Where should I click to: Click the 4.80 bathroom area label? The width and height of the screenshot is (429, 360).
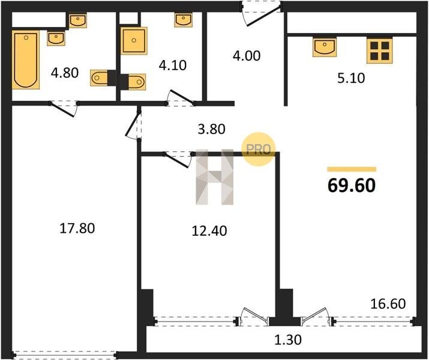click(x=65, y=73)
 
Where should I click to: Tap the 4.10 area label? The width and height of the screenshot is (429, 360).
click(x=173, y=65)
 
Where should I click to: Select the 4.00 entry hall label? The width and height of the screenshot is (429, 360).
click(x=247, y=56)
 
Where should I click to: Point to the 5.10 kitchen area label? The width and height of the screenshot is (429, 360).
click(x=351, y=78)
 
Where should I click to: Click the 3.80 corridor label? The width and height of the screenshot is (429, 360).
click(x=211, y=129)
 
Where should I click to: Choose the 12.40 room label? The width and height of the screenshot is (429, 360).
click(x=209, y=231)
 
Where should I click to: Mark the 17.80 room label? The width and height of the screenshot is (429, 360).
click(x=77, y=228)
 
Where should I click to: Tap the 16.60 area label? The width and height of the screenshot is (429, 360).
click(x=388, y=304)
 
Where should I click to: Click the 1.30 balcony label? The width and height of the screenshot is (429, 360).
click(x=288, y=340)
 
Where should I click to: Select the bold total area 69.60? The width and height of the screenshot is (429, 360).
click(x=352, y=185)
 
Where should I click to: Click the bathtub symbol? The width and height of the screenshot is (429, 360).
click(x=26, y=59)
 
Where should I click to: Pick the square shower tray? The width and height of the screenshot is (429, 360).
click(x=134, y=41)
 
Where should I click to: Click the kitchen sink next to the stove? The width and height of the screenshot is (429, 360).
click(x=325, y=47)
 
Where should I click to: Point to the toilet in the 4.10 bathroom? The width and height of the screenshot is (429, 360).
click(x=133, y=82)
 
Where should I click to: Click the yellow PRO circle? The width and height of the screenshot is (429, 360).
click(x=258, y=149)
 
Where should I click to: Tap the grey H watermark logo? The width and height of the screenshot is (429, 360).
click(x=215, y=177)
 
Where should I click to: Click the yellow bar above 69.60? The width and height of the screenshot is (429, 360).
click(x=352, y=169)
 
